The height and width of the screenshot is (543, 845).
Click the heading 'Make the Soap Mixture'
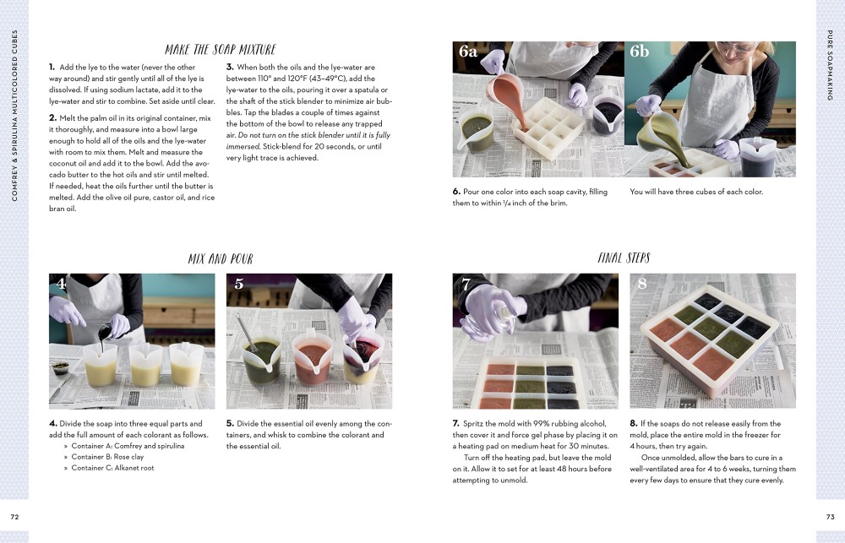click(x=220, y=50)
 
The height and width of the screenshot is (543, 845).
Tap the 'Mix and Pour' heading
click(x=220, y=258)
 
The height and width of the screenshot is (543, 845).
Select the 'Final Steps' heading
click(x=624, y=258)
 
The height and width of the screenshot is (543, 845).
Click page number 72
click(x=14, y=516)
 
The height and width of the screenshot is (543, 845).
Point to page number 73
click(x=830, y=516)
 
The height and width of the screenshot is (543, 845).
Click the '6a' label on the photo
click(x=468, y=52)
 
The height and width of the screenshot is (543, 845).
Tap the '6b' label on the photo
click(x=640, y=52)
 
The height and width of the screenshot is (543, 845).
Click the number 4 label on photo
click(x=61, y=285)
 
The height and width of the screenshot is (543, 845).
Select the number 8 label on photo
click(x=642, y=285)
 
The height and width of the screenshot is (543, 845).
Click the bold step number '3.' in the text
click(x=230, y=67)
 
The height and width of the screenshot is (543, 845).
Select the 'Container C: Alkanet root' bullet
click(x=113, y=467)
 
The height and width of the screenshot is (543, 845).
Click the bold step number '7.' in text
click(x=456, y=423)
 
